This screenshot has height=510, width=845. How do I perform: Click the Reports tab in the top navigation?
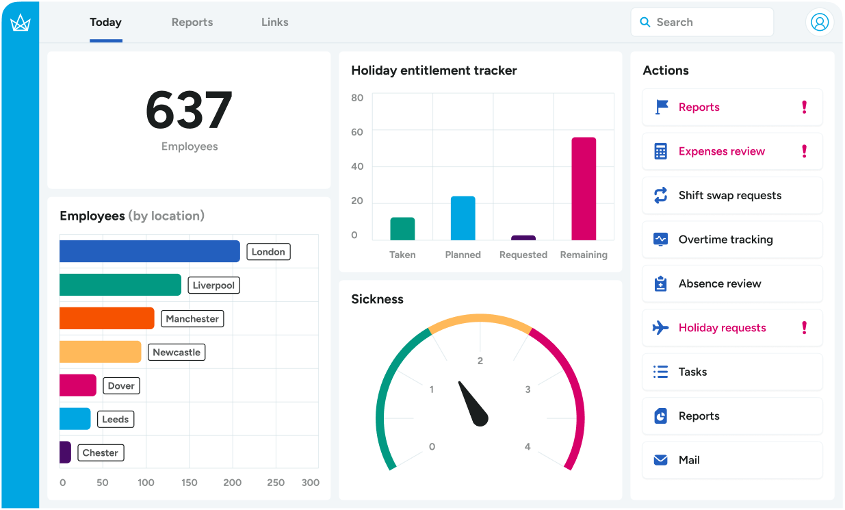(x=192, y=22)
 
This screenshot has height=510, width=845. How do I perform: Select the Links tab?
(x=274, y=22)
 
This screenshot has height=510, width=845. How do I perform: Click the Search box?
(x=702, y=22)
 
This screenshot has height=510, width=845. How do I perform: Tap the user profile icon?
(x=819, y=22)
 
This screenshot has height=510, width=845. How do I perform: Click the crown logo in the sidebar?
(x=20, y=23)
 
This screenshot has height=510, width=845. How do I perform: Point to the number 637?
(x=189, y=110)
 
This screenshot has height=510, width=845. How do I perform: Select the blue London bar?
(x=149, y=251)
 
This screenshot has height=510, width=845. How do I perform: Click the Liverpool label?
(x=213, y=285)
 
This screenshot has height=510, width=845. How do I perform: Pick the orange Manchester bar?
(x=107, y=318)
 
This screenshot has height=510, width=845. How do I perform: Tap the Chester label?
(x=100, y=452)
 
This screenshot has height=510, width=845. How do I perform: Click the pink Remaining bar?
(x=584, y=189)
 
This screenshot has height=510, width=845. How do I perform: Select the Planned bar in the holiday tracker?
(x=463, y=218)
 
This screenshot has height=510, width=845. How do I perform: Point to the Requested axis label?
(x=523, y=255)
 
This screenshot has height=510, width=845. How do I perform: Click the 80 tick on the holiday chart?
(x=357, y=98)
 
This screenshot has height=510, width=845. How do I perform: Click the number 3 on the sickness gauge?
(x=528, y=390)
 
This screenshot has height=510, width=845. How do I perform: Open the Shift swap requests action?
(x=729, y=195)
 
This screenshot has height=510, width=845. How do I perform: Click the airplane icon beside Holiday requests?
(x=660, y=328)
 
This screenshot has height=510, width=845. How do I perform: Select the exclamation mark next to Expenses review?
(x=804, y=151)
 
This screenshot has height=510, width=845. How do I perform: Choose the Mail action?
(x=689, y=460)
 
